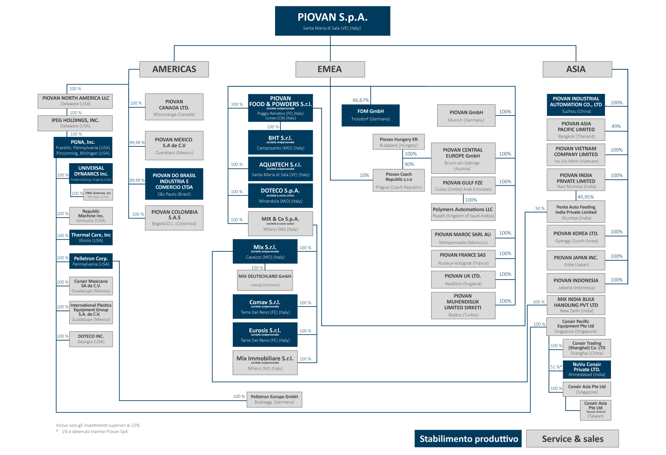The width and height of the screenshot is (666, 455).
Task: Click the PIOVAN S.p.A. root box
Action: pos(332,21)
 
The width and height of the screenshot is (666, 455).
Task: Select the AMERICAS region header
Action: pos(174,69)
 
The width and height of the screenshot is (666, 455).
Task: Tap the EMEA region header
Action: pos(330,69)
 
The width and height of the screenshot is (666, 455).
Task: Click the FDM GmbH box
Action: pos(370,115)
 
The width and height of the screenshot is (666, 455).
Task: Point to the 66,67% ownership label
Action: pos(361,100)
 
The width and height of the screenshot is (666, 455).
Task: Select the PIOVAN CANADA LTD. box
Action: pos(174,107)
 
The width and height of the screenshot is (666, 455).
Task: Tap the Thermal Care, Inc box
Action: pos(91,237)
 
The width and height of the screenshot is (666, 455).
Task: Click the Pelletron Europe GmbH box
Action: pos(274,399)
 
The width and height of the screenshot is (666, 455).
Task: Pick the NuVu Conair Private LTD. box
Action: pos(586,369)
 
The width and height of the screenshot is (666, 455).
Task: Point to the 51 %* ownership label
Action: pos(556,367)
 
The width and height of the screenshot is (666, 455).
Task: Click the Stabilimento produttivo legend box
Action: pos(468,439)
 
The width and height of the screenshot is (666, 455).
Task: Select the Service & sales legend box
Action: pos(572,439)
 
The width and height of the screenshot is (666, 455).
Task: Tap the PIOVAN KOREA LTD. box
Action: pos(575,237)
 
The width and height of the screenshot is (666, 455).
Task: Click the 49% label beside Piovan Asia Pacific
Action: pos(616,126)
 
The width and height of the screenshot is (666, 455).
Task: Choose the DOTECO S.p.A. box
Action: pos(280,195)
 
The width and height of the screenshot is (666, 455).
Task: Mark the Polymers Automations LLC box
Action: pos(463,212)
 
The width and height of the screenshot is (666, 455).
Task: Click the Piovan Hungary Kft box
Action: pos(398,142)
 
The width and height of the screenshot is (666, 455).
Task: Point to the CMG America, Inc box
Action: pos(98,195)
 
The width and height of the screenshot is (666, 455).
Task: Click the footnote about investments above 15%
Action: pos(98,425)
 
